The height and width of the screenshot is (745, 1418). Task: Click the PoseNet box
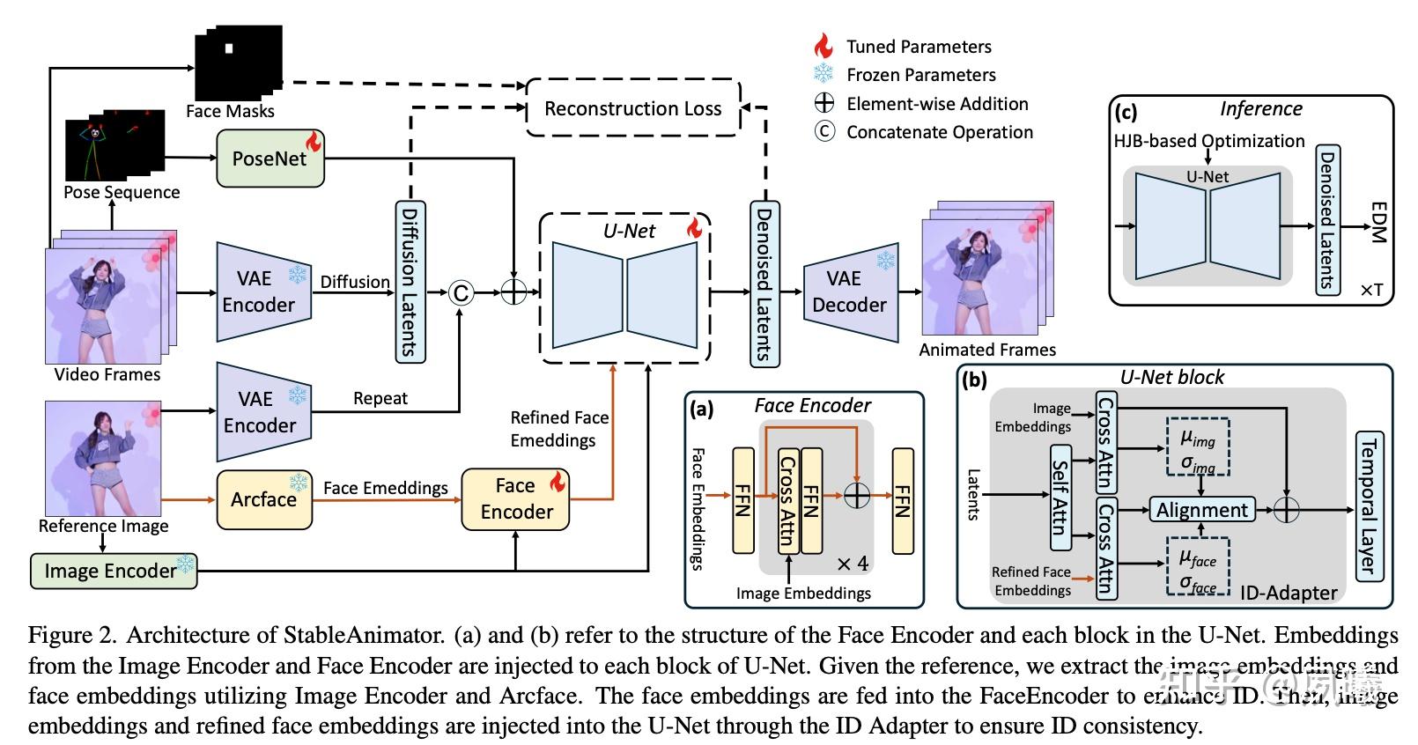tap(270, 159)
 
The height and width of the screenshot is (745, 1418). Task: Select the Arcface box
tap(264, 499)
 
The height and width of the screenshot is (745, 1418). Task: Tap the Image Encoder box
tap(113, 571)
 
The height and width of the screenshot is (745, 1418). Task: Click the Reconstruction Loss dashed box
tap(632, 108)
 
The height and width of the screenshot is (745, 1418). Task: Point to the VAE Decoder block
tap(849, 291)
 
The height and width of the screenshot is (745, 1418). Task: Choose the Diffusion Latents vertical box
tap(410, 280)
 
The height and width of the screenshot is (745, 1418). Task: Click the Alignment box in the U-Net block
tap(1201, 510)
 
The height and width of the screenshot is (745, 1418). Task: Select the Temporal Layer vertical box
tap(1368, 505)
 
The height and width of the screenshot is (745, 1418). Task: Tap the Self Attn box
tap(1060, 498)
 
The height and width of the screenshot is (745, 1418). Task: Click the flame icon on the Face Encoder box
tap(558, 481)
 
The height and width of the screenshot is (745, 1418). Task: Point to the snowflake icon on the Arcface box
tap(299, 482)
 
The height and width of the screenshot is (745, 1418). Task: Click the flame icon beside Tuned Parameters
tap(823, 46)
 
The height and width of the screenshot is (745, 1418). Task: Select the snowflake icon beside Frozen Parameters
tap(823, 74)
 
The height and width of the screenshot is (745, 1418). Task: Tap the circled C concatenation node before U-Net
tap(461, 292)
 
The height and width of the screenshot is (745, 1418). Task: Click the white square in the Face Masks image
tap(229, 48)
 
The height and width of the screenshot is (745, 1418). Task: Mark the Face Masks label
tap(230, 111)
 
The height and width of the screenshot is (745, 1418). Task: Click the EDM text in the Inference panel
tap(1378, 223)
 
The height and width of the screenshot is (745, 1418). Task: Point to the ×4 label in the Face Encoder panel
tap(852, 564)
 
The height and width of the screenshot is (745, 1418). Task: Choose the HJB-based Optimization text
tap(1208, 141)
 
